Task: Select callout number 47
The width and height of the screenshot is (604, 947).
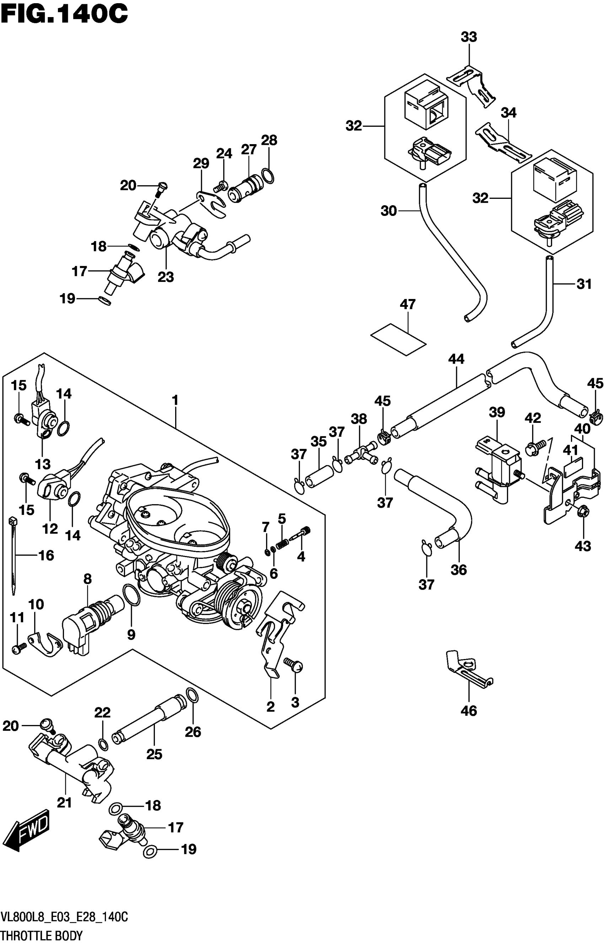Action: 408,304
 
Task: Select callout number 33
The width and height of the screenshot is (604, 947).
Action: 469,37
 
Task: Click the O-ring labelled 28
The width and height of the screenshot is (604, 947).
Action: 268,176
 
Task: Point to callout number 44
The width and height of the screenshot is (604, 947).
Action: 456,359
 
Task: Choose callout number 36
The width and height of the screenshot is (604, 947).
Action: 458,570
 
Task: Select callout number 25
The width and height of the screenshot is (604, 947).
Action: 154,754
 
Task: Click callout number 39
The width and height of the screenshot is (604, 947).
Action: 497,412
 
